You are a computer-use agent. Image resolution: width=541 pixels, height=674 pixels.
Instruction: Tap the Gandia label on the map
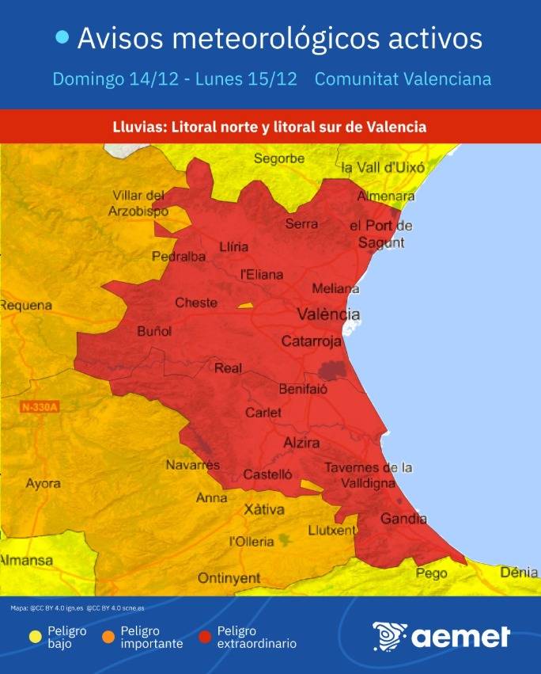[403, 520]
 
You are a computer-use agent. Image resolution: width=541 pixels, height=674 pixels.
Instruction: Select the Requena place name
[26, 306]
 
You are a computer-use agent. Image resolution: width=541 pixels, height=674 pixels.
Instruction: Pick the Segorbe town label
[278, 158]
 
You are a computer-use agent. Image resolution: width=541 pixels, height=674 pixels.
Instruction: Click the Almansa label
[25, 560]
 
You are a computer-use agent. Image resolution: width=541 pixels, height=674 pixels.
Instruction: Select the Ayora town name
[42, 483]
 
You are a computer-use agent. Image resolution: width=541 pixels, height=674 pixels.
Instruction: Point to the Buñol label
[154, 331]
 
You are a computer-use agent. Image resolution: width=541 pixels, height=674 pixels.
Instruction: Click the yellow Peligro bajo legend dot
[35, 637]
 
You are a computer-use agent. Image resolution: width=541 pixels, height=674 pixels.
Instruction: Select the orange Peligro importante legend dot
[108, 637]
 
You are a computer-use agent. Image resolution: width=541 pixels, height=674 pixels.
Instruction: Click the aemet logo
[441, 636]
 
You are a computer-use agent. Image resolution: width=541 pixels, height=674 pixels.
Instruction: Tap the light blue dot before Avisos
[62, 37]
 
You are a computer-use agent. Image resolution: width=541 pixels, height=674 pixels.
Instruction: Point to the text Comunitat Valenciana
[403, 79]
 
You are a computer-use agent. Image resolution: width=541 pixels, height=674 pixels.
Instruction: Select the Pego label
[431, 573]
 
